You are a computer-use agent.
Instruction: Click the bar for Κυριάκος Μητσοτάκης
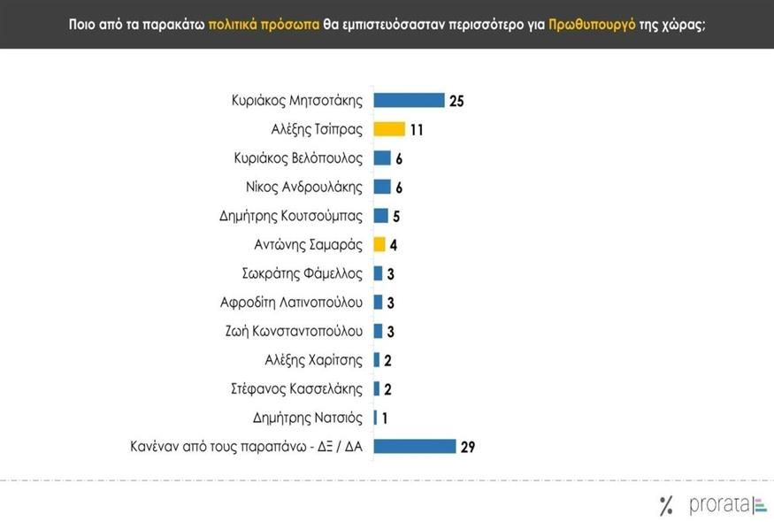click(409, 100)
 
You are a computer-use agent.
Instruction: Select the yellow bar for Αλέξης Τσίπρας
click(389, 129)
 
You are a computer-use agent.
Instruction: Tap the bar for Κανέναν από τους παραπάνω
click(414, 446)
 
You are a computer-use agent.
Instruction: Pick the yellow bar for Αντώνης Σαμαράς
click(379, 244)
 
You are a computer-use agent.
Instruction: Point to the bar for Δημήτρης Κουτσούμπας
click(381, 215)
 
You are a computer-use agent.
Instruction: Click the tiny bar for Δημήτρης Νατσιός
click(375, 418)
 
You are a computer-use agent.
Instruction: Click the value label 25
click(456, 101)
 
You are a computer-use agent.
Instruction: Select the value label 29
click(468, 447)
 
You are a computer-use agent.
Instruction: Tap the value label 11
click(418, 130)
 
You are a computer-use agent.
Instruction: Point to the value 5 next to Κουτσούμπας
click(397, 216)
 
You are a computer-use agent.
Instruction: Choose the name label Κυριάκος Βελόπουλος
click(299, 158)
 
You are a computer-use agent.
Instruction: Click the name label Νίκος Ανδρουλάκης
click(304, 187)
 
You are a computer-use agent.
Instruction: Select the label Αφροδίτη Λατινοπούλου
click(292, 302)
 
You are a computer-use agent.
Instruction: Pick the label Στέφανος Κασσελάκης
click(301, 388)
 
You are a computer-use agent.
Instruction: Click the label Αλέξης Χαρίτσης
click(314, 359)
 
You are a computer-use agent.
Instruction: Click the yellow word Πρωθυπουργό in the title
click(592, 25)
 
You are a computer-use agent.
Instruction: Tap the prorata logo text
click(717, 505)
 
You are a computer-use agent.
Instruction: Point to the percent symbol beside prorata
click(666, 506)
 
